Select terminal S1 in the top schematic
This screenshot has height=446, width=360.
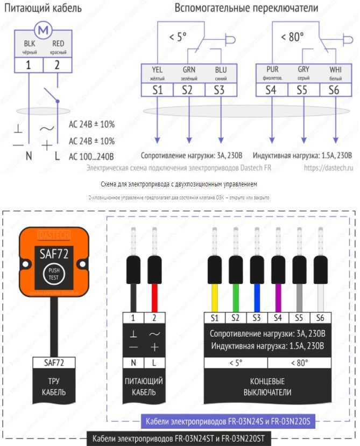click(157, 90)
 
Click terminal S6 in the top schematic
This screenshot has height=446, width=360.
click(334, 90)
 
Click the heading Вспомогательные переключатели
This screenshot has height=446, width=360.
click(246, 8)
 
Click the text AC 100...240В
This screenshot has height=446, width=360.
click(91, 157)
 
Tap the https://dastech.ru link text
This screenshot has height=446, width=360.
click(328, 168)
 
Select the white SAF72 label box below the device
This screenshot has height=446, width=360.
click(54, 363)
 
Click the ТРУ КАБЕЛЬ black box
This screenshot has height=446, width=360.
click(54, 387)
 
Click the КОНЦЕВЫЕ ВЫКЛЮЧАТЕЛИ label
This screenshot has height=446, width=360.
click(267, 387)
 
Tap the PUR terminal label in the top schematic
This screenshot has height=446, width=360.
click(272, 70)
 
